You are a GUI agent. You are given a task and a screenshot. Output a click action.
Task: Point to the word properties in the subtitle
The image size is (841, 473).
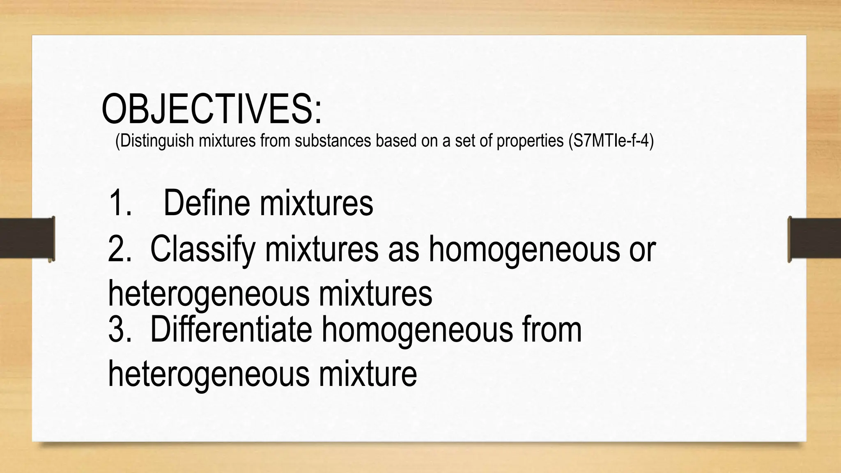click(530, 141)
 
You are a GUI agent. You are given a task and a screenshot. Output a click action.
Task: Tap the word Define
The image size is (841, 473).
click(206, 203)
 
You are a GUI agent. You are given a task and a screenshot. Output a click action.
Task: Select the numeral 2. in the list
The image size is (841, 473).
click(120, 249)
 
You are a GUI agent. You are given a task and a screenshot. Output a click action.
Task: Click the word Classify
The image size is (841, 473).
click(202, 249)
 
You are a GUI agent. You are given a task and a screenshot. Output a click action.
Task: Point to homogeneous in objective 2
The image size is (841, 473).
click(524, 249)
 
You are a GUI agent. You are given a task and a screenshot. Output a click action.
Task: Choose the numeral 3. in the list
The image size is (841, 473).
click(120, 329)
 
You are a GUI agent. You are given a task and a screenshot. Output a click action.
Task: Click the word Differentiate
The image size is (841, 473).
click(231, 329)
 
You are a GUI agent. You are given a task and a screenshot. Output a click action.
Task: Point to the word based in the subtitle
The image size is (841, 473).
click(397, 141)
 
